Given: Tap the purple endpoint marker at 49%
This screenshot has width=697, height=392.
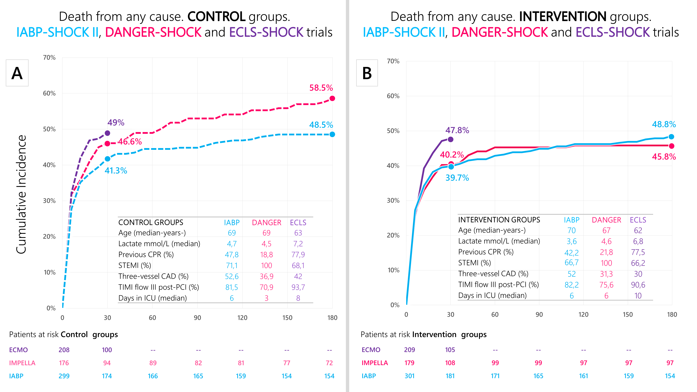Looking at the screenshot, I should coord(107,133).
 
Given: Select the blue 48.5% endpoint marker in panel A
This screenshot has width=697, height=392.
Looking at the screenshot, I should coord(332,134).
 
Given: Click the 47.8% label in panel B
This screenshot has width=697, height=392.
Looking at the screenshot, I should coord(457,130).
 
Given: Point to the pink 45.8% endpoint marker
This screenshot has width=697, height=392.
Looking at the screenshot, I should coord(672,146).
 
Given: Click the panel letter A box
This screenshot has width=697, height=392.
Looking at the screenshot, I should coord(17,73).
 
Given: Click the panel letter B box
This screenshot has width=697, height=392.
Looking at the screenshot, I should coord(367,73).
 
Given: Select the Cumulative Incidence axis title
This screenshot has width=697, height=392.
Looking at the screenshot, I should coord(21,194).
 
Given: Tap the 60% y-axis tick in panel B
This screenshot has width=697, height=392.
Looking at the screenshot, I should coord(393,96).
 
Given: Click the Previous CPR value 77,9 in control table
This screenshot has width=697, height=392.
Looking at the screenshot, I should coord(298,255).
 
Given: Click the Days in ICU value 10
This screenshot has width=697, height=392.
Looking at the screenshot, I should coord(638,296).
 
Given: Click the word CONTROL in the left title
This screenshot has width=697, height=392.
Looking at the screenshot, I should coord(216,17).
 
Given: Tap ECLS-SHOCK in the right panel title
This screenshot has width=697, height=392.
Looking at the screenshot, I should coord(613,32).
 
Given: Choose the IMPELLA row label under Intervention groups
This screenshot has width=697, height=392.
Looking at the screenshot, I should coord(375,363).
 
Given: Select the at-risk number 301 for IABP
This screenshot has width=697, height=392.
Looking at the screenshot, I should coord(409,376).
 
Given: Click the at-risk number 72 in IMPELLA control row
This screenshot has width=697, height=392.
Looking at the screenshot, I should coord(329,363).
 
